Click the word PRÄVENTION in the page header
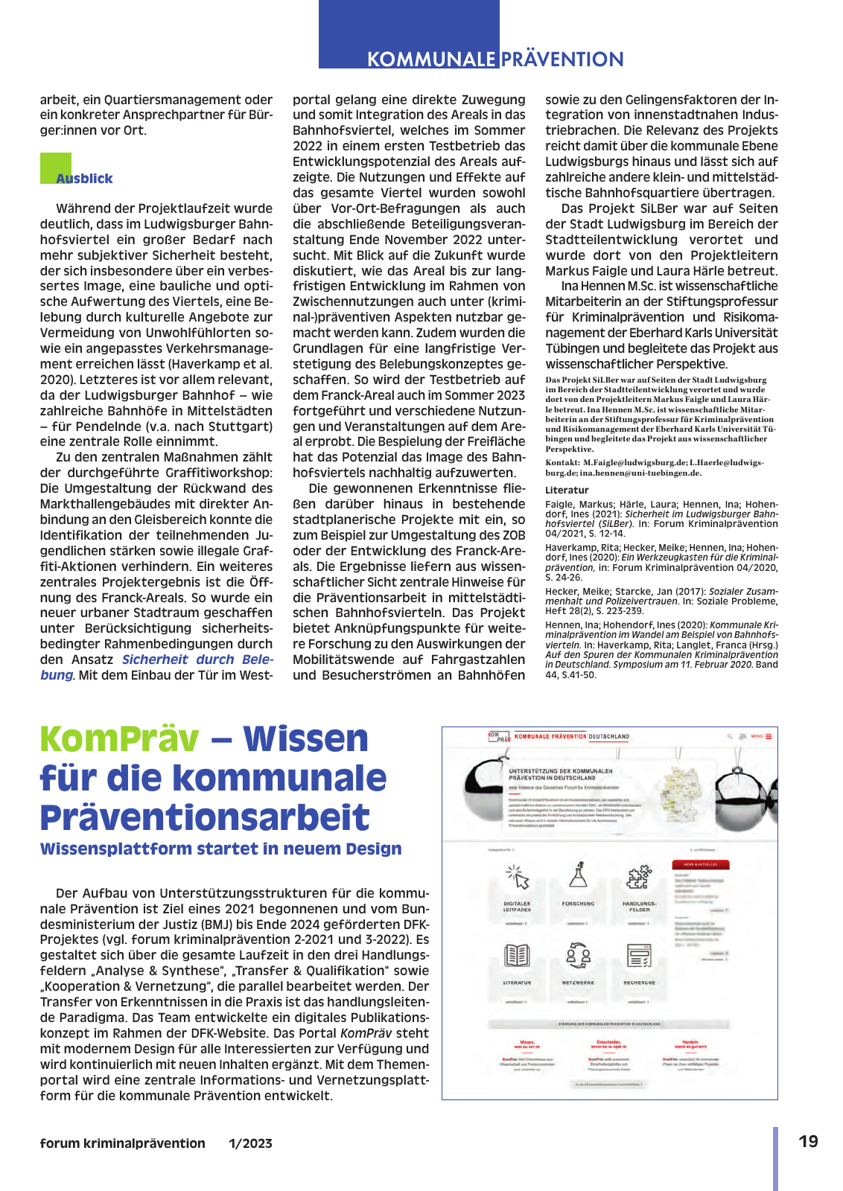point(562,60)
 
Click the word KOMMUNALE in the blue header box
point(430,60)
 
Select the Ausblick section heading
point(84,179)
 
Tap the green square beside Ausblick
point(55,167)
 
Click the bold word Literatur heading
point(567,490)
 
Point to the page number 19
point(808,1142)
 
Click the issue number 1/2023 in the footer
point(250,1143)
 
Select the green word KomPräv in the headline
point(119,738)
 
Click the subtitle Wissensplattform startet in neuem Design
point(220,849)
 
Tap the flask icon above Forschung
point(578,875)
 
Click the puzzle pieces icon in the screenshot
point(639,877)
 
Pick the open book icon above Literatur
point(517,955)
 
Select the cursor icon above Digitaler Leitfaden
point(517,877)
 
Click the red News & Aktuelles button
point(700,864)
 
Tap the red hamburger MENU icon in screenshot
point(769,736)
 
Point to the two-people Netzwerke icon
point(578,955)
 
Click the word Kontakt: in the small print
point(562,463)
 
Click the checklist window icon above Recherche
point(639,955)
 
